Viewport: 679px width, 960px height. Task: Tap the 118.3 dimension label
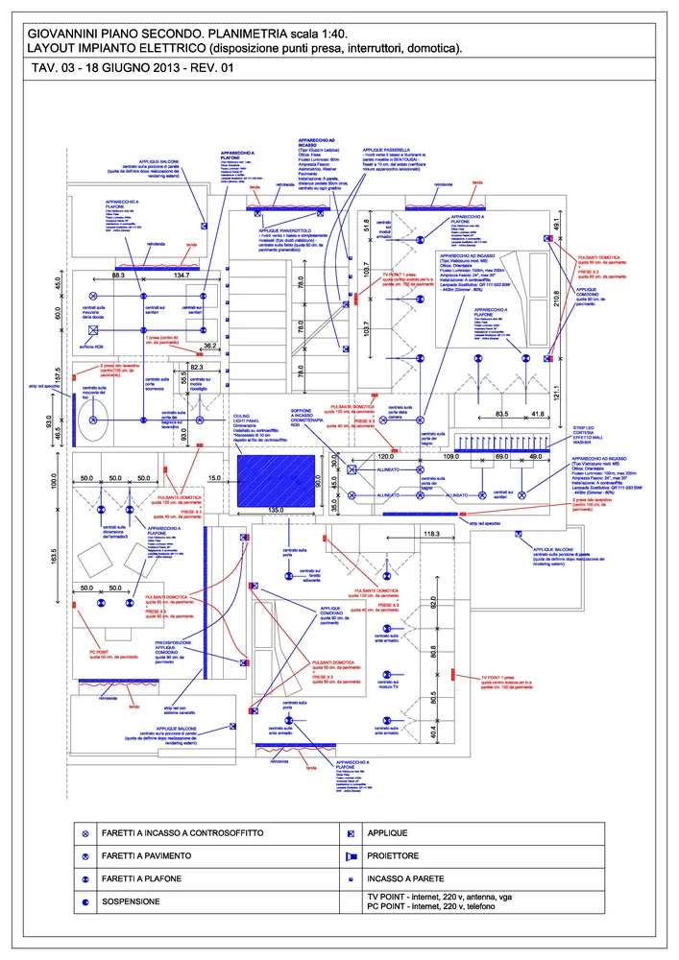[429, 534]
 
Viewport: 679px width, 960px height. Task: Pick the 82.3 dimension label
[197, 367]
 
